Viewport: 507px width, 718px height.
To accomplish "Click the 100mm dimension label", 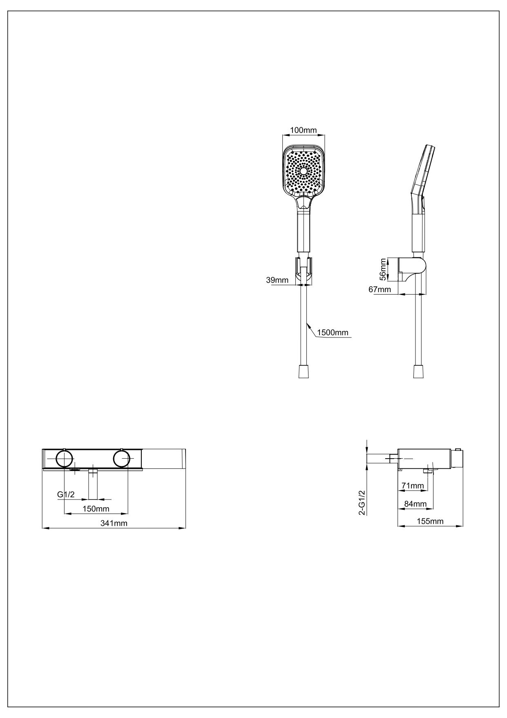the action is pyautogui.click(x=303, y=130).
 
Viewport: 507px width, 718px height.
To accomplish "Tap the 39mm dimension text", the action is pyautogui.click(x=277, y=280).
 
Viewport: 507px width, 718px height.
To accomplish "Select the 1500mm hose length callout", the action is pyautogui.click(x=333, y=332).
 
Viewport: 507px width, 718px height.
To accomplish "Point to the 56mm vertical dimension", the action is pyautogui.click(x=383, y=269).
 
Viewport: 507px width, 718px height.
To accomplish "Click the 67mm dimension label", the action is pyautogui.click(x=380, y=290).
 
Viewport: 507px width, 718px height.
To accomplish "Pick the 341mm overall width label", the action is pyautogui.click(x=114, y=523).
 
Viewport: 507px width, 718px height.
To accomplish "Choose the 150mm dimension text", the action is pyautogui.click(x=96, y=509).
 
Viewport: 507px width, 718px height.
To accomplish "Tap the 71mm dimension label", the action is pyautogui.click(x=412, y=486).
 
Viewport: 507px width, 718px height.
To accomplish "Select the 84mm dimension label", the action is pyautogui.click(x=415, y=504).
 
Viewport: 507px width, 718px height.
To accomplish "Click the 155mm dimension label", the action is pyautogui.click(x=430, y=521).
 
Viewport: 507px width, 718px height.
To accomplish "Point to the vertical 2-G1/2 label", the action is pyautogui.click(x=362, y=503).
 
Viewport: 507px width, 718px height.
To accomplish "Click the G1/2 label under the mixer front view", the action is pyautogui.click(x=66, y=495).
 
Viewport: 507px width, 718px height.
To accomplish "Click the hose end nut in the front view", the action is pyautogui.click(x=304, y=371).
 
